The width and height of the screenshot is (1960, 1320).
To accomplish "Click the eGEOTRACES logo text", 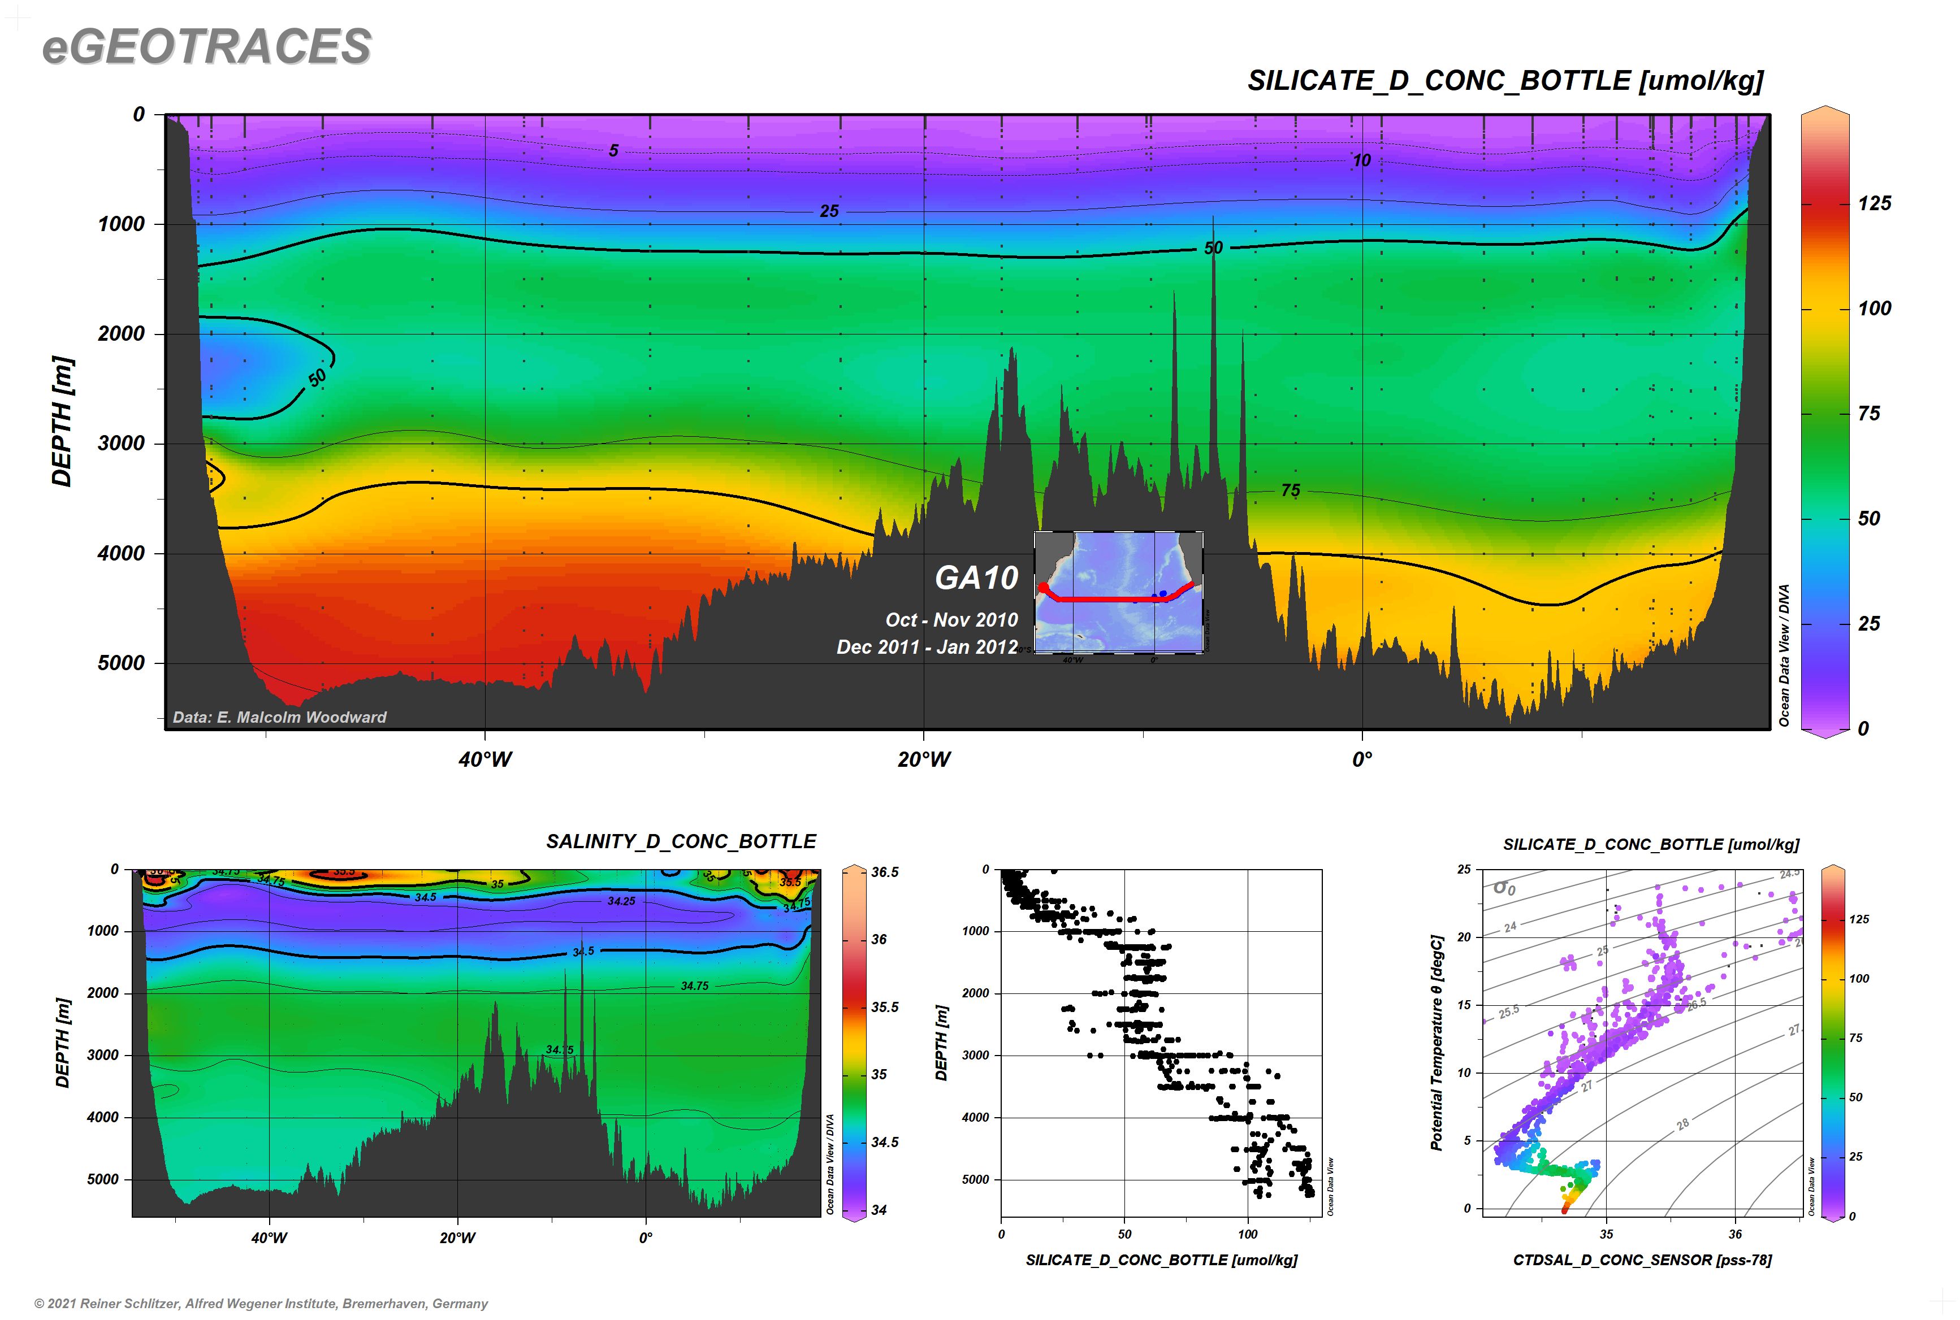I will click(206, 46).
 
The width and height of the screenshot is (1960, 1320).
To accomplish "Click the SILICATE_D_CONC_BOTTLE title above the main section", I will click(1504, 81).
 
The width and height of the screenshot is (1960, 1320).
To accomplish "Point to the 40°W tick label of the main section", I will click(485, 759).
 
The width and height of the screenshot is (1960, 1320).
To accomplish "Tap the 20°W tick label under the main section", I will click(924, 759).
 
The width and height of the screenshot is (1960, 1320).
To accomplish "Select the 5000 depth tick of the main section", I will click(122, 662).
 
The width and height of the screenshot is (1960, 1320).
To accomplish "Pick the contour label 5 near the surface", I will click(613, 151).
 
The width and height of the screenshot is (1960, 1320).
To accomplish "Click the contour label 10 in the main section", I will click(1361, 160).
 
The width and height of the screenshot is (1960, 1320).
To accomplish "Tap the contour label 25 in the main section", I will click(829, 211).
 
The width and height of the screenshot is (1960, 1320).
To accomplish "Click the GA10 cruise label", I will click(976, 577).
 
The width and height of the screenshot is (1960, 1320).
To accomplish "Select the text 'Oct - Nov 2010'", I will click(951, 619).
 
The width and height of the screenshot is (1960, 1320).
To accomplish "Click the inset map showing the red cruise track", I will click(1119, 592).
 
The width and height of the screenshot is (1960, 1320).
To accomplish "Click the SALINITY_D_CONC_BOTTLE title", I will click(681, 842).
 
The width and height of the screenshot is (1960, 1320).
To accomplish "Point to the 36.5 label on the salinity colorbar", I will click(884, 872).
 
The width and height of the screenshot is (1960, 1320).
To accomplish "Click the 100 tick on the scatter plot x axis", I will click(1248, 1234).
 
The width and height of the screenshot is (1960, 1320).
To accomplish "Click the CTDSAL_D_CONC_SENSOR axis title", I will click(1642, 1260).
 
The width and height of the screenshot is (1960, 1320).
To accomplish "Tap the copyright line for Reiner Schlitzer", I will click(261, 1303).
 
